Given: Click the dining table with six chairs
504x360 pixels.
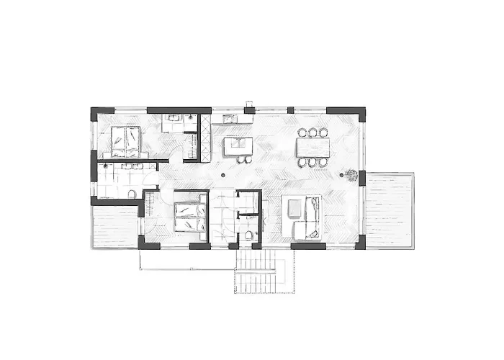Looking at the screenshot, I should point(313,148).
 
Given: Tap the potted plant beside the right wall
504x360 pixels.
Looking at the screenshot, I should point(351,174).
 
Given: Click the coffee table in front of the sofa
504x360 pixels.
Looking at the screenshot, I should point(294,210).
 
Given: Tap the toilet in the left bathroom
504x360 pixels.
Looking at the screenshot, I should point(131,194).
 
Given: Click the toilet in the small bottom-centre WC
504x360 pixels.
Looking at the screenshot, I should point(248,235).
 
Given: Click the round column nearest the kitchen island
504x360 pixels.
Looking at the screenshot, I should point(224,175).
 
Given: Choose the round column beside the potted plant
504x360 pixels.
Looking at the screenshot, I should point(341,175).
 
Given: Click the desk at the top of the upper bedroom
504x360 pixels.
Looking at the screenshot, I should point(175,122).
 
